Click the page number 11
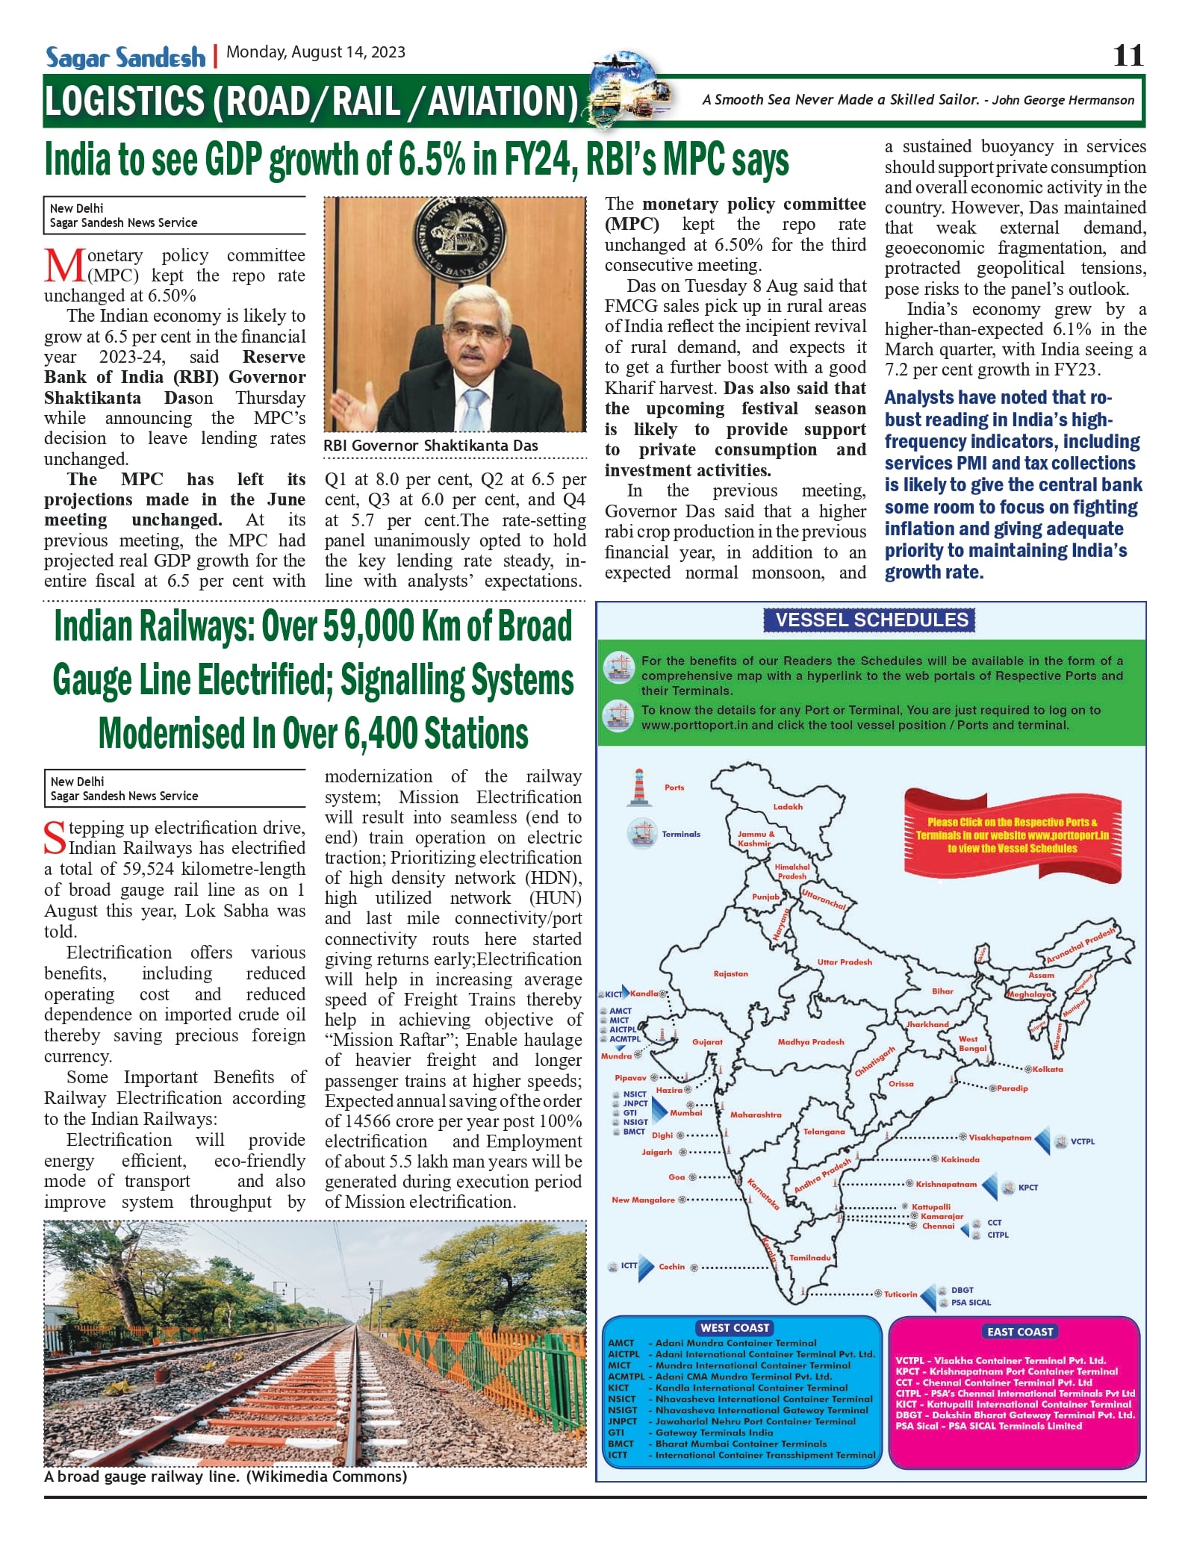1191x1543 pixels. click(x=1128, y=56)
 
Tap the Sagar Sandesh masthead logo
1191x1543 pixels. click(x=125, y=57)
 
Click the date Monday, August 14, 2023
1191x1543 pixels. click(x=316, y=52)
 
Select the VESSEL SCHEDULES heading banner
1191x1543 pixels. click(x=871, y=620)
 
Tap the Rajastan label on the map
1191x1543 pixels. click(x=730, y=974)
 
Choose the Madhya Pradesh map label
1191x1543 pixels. click(x=810, y=1042)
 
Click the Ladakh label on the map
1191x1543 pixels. click(x=788, y=807)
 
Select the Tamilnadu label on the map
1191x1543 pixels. click(x=810, y=1258)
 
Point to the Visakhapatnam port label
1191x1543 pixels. click(x=1000, y=1138)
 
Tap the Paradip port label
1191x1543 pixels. click(x=1013, y=1088)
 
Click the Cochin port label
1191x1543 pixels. click(x=671, y=1267)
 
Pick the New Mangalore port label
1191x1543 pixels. click(x=643, y=1200)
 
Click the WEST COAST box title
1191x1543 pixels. click(x=735, y=1328)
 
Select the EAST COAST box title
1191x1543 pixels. click(x=1019, y=1332)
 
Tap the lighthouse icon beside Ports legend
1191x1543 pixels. click(x=638, y=788)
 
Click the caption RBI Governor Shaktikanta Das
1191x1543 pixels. click(x=430, y=446)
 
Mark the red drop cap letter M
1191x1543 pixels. click(x=64, y=266)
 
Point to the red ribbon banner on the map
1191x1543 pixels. click(x=1012, y=835)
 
